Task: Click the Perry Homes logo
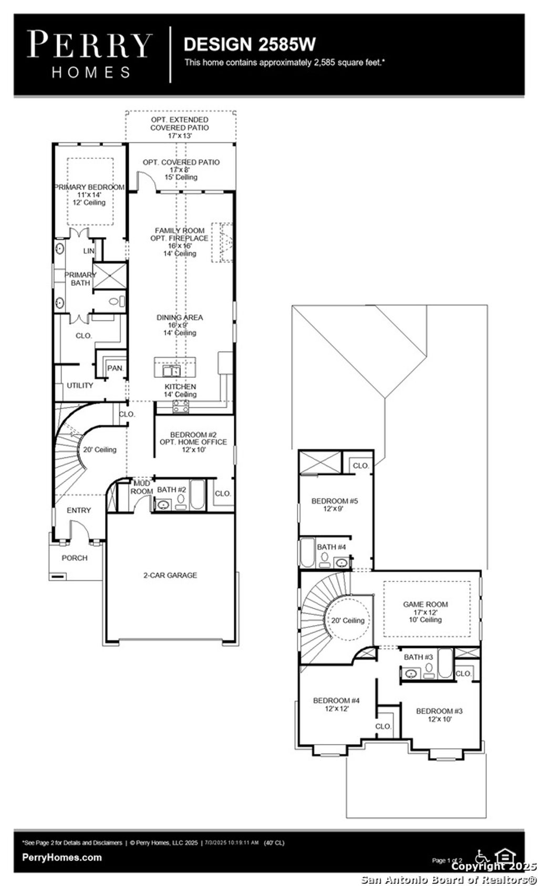(x=89, y=54)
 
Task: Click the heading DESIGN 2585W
(x=249, y=44)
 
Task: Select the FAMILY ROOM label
(x=180, y=230)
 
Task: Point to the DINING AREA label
(x=180, y=317)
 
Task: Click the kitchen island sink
(x=170, y=371)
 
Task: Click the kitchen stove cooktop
(x=181, y=405)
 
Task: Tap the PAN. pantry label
(x=115, y=368)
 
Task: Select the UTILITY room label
(x=80, y=385)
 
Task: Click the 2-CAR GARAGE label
(x=170, y=575)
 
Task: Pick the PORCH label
(x=75, y=558)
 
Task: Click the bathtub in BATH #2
(x=196, y=494)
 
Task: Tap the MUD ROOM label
(x=141, y=487)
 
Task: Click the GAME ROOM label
(x=426, y=604)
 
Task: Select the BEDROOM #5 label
(x=334, y=501)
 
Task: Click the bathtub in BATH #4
(x=307, y=552)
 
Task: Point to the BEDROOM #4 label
(x=336, y=700)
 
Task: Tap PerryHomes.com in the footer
(x=62, y=857)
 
